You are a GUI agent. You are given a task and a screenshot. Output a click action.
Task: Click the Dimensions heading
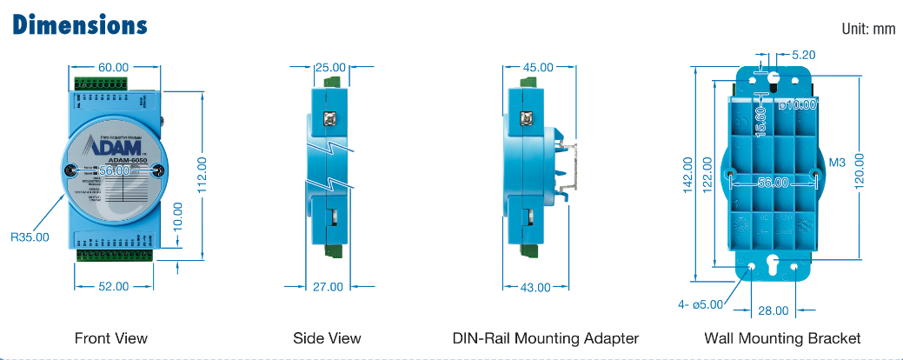80,24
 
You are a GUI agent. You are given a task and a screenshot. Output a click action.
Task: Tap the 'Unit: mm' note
868,30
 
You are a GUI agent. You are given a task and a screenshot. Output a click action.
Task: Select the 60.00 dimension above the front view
113,67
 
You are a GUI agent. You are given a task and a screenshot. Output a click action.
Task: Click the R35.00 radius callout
30,236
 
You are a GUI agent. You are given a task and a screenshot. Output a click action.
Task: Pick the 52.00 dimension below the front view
113,286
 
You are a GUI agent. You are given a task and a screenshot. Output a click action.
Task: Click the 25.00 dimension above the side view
329,67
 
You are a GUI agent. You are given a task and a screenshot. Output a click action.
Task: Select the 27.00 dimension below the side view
328,286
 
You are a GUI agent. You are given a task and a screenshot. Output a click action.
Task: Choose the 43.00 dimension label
536,287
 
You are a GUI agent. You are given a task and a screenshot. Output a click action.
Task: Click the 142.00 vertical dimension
688,172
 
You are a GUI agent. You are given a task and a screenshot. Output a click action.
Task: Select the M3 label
838,163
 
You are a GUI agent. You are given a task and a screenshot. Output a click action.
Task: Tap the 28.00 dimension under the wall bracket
774,310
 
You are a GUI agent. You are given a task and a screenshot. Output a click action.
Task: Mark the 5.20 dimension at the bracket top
804,54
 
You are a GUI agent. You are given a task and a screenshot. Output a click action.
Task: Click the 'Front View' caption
111,338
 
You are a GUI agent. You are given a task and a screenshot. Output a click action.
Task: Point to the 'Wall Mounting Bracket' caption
783,338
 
